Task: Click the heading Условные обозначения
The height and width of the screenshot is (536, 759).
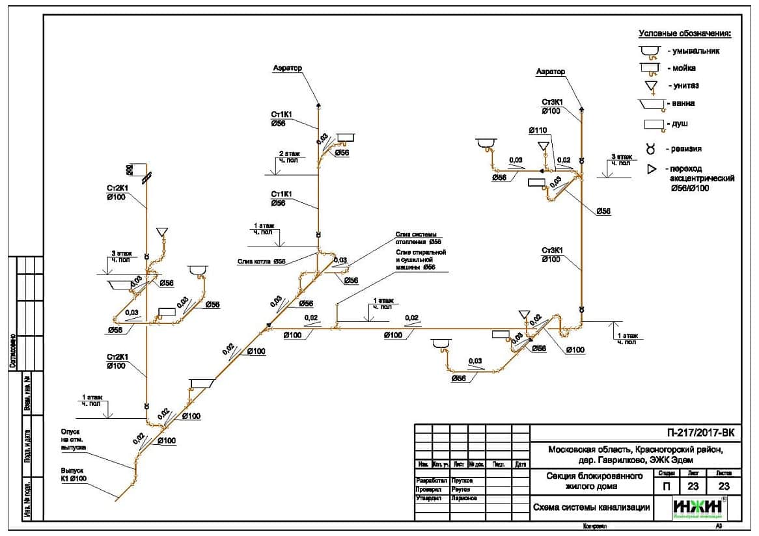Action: [685, 33]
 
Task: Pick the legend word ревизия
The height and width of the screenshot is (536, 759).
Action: [687, 149]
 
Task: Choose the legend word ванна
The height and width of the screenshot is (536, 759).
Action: [683, 103]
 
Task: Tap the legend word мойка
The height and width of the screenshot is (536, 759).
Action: [683, 68]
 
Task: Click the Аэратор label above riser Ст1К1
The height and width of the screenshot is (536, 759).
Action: [288, 68]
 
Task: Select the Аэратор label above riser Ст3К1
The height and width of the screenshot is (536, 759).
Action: [551, 72]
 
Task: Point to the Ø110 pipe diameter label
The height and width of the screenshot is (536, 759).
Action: [538, 131]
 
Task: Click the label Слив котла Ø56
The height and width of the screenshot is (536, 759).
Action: [262, 261]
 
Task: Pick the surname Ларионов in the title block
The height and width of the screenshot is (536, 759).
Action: [463, 498]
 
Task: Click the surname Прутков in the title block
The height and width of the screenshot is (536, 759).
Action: [462, 480]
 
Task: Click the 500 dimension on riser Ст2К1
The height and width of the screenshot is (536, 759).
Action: [130, 170]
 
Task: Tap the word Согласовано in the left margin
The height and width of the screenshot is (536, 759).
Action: [12, 351]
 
